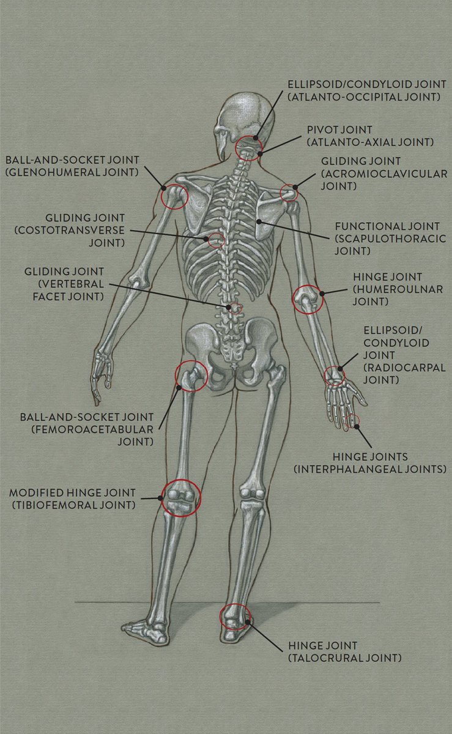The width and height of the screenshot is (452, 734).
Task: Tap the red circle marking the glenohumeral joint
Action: [174, 196]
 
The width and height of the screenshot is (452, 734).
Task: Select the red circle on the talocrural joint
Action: [235, 617]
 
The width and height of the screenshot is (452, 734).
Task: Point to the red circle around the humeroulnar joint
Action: [308, 300]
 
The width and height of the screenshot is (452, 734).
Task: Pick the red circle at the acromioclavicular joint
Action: [289, 193]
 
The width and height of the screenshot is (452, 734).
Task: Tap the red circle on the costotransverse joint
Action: [215, 239]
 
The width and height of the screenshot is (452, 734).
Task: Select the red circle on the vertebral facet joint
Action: [234, 307]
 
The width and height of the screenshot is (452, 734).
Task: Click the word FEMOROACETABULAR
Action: [83, 429]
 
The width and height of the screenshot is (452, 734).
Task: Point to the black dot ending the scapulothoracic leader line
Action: [260, 221]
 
